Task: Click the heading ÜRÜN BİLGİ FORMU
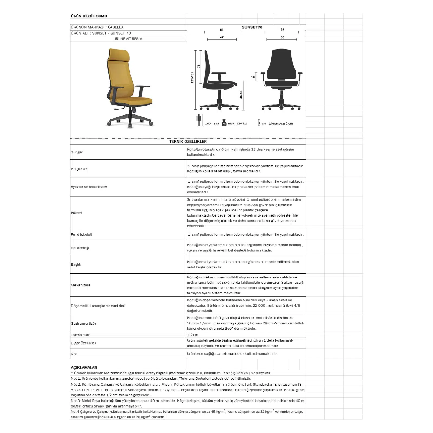point(89,16)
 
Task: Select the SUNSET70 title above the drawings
point(252,27)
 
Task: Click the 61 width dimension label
point(222,30)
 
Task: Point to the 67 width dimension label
point(282,30)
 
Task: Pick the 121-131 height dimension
point(192,77)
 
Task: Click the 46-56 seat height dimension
point(241,94)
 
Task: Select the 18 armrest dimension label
point(253,77)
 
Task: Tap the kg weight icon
point(224,123)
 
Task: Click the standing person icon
point(199,120)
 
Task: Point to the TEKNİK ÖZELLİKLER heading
point(188,142)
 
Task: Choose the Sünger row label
point(77,152)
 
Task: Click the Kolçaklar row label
point(79,169)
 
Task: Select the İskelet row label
point(77,213)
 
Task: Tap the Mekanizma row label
point(81,285)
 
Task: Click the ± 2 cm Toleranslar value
point(193,335)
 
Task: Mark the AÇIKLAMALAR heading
point(84,368)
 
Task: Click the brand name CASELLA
point(116,27)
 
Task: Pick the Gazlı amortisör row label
point(84,323)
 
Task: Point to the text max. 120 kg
point(237,124)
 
